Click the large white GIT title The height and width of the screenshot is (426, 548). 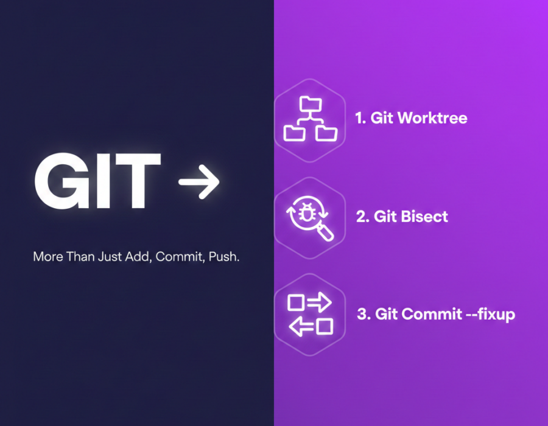[97, 181]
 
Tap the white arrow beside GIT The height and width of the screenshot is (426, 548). [199, 182]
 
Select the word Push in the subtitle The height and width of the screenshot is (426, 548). [223, 257]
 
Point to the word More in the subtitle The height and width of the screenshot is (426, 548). [48, 257]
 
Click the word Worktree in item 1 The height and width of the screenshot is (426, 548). [432, 117]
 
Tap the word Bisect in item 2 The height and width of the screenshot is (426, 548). [424, 217]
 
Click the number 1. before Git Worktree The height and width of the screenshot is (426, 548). [360, 117]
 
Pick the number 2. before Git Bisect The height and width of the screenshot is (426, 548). [363, 217]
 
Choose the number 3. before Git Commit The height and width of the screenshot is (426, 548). [364, 314]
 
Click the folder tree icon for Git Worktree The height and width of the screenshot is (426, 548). [311, 119]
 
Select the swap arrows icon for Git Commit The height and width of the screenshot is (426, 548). [310, 314]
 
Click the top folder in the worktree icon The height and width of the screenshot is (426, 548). [311, 103]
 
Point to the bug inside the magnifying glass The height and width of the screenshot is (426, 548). [306, 212]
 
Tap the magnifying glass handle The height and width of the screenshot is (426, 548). [325, 232]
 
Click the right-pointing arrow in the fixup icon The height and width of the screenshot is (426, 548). [319, 302]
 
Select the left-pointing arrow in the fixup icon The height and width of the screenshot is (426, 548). [301, 326]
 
